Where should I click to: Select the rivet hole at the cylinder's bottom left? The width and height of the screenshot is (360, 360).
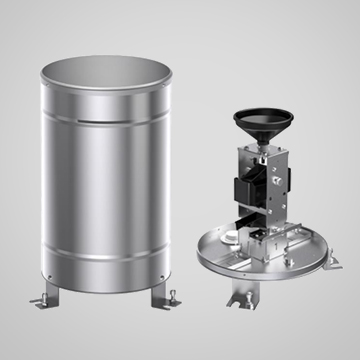(48, 273)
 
